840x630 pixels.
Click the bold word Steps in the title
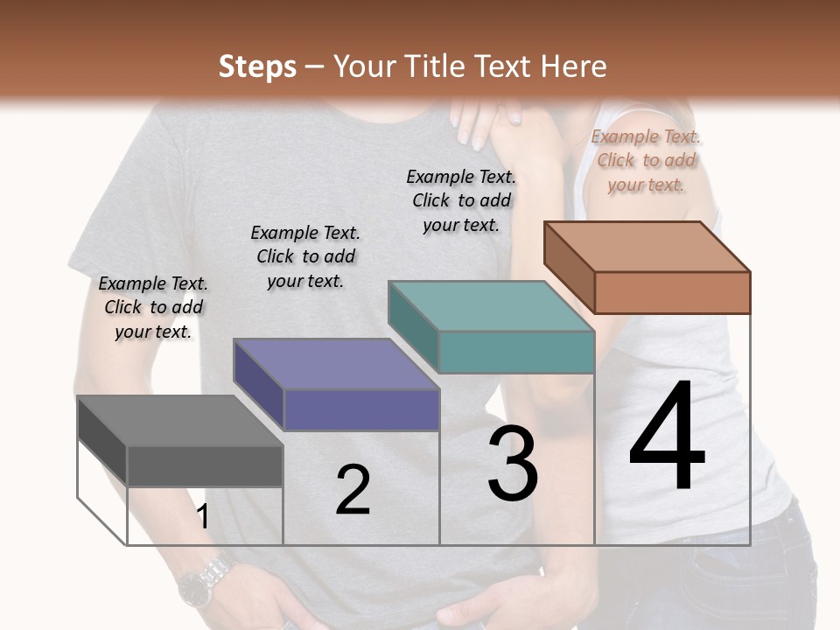(x=257, y=66)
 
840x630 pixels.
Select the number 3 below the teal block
(x=512, y=465)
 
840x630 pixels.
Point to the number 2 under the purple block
(x=353, y=490)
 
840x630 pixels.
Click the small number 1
(x=203, y=516)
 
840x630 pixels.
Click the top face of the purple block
(x=336, y=363)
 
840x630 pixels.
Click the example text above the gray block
(x=153, y=307)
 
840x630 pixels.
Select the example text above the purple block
(x=305, y=256)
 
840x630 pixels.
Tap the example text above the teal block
(x=461, y=200)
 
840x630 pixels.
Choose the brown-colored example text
(x=647, y=160)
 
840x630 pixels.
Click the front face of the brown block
(x=672, y=292)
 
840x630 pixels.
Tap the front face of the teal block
(x=516, y=352)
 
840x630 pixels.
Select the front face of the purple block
(x=361, y=409)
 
